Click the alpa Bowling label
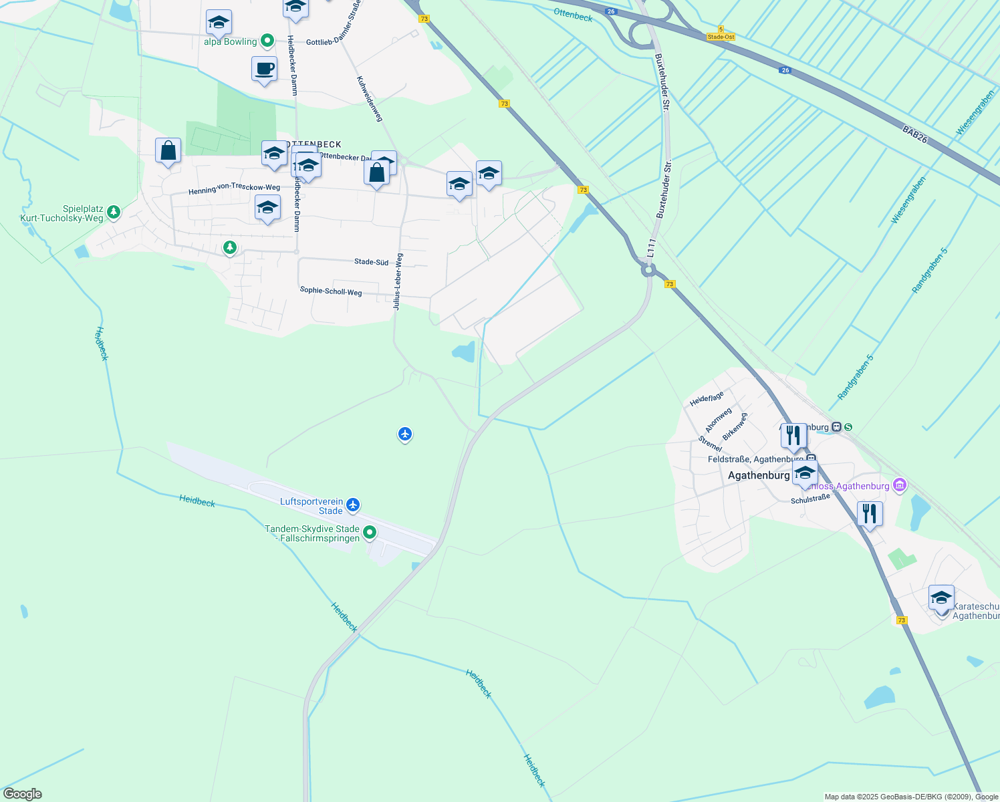231,41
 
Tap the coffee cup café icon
265,69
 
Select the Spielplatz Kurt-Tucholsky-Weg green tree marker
114,213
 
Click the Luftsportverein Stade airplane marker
354,505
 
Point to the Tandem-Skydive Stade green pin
369,533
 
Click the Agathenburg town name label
759,475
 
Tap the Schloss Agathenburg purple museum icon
900,485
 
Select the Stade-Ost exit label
721,37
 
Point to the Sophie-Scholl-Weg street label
331,291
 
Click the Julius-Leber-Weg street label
398,281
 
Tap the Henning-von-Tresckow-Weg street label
234,189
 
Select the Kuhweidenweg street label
370,98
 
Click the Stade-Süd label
371,262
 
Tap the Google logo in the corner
22,794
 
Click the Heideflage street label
707,399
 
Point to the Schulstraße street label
810,499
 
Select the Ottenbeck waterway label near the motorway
573,15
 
